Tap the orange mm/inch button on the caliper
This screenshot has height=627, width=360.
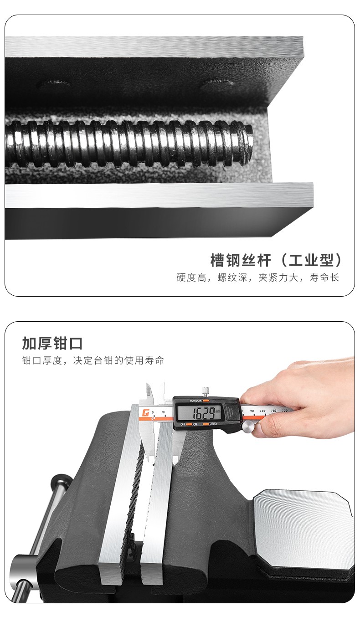206,401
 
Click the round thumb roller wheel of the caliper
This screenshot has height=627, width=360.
248,427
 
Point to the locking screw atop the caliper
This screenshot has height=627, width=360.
206,391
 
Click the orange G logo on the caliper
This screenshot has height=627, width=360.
145,413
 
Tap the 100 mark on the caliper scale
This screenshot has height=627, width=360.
262,411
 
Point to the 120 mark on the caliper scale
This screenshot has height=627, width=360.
285,411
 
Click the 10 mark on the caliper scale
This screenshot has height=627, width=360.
163,412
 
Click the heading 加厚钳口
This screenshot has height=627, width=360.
52,343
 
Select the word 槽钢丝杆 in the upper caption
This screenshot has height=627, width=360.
241,260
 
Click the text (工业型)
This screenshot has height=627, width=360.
311,260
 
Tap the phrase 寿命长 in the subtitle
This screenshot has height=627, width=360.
324,278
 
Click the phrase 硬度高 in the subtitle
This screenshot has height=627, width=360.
191,278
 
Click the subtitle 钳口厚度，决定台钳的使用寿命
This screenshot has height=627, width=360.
93,360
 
